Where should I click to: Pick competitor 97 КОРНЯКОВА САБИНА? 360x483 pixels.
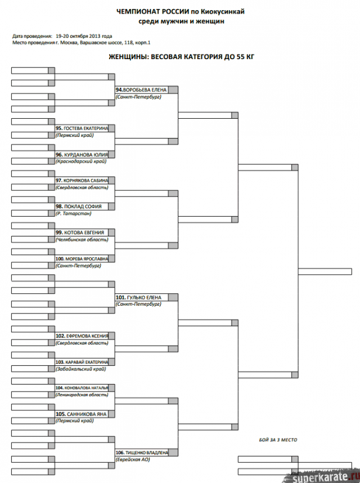tap(82, 181)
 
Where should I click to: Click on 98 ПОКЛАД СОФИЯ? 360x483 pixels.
tap(79, 207)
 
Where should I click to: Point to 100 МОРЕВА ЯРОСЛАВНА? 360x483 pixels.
tap(82, 258)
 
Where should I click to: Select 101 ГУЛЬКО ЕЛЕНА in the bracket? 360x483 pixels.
tap(139, 297)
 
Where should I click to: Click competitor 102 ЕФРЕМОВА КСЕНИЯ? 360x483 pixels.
tap(82, 336)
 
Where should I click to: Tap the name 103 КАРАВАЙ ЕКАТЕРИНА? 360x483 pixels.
tap(82, 362)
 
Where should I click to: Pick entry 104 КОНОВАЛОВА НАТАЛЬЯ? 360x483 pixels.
tap(82, 388)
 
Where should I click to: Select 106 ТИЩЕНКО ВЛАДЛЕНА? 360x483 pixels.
tap(142, 453)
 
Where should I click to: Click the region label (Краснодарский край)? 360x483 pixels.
tap(81, 162)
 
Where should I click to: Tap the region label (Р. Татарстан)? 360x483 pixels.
tap(74, 213)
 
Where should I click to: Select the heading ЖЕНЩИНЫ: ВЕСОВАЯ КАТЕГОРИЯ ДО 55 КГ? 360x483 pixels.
tap(177, 57)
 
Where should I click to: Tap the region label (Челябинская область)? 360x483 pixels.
tap(82, 239)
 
